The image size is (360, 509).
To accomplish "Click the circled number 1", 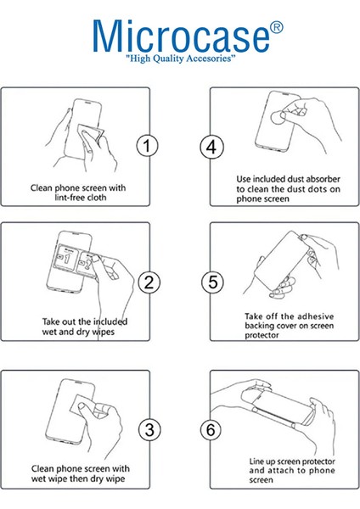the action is (147, 146).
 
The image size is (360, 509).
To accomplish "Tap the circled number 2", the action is (149, 282).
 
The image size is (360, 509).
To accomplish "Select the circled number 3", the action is (149, 430).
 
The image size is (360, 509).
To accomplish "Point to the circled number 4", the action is (211, 147).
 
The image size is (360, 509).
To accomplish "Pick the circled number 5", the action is (212, 282).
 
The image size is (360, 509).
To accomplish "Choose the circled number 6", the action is (211, 430).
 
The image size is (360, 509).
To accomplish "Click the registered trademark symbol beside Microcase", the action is (276, 28).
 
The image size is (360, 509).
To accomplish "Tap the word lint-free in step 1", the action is (66, 198).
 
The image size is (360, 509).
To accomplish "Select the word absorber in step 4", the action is (323, 179).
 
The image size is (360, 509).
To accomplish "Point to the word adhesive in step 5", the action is (316, 316).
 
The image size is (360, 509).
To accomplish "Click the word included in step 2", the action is (110, 322).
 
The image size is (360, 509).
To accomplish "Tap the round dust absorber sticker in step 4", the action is (278, 118).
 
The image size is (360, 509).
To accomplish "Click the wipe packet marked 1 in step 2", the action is (66, 258).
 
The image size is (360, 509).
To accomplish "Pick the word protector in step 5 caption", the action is (262, 335).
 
